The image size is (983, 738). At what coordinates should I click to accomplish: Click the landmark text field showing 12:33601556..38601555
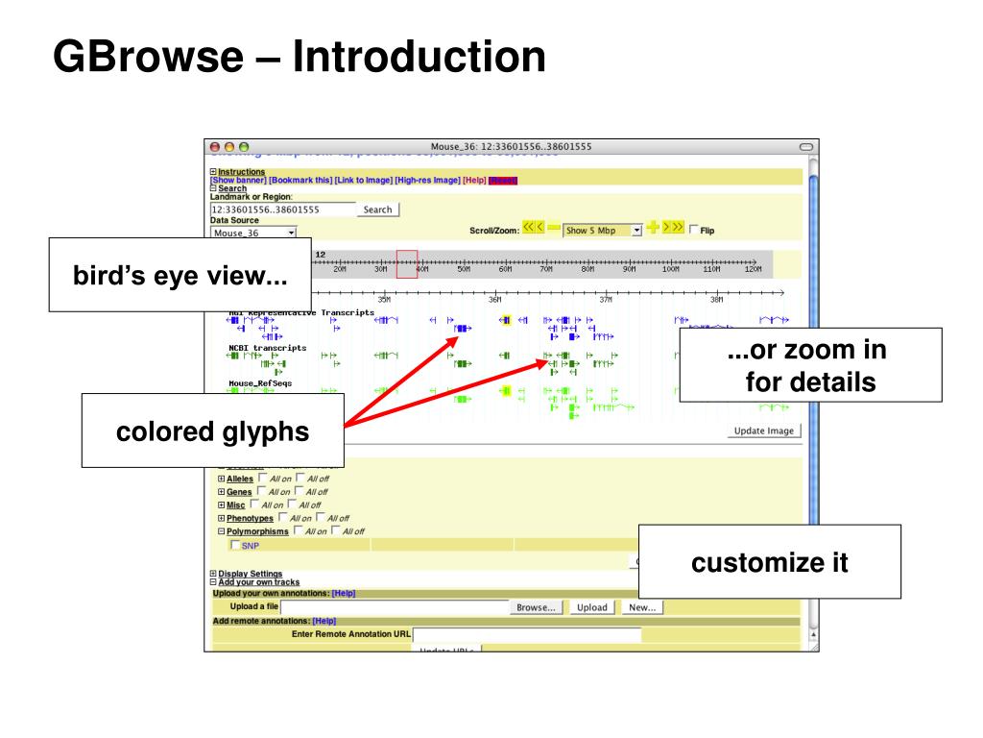point(281,209)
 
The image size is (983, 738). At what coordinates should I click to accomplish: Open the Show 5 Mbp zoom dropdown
point(603,231)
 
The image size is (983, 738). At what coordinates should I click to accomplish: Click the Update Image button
point(763,430)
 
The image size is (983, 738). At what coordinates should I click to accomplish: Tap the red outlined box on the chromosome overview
point(406,263)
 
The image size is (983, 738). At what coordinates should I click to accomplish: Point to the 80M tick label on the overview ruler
point(587,270)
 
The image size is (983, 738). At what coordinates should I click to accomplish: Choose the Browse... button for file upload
point(537,607)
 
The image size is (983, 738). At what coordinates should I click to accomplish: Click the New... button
point(641,607)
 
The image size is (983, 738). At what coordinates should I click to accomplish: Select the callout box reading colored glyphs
point(213,431)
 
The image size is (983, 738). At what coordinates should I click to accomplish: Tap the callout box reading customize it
point(769,563)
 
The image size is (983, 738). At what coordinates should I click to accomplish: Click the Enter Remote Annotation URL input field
point(526,634)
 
